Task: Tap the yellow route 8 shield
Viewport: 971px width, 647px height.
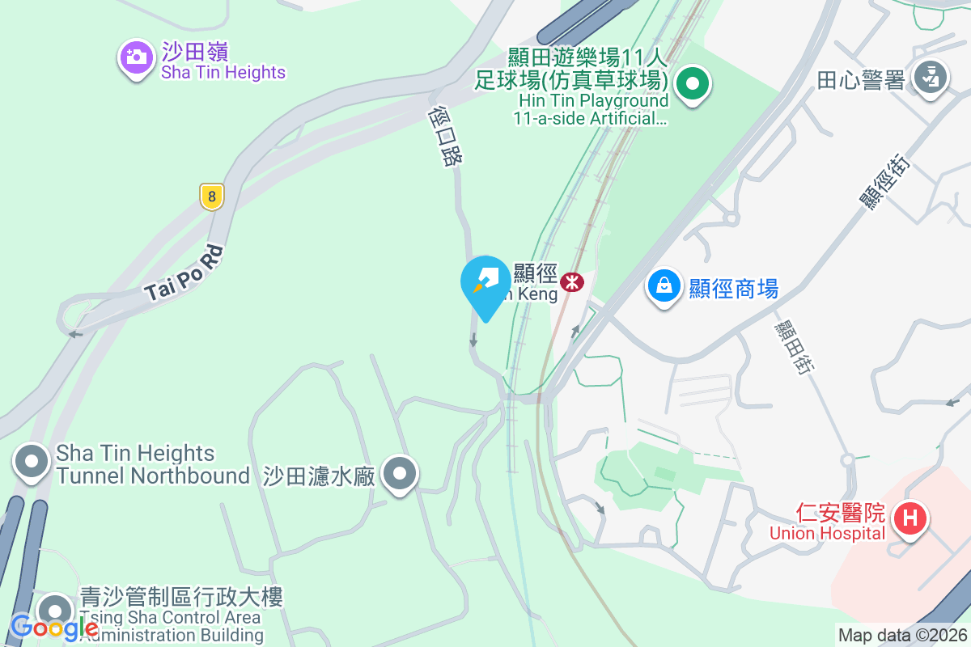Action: coord(211,196)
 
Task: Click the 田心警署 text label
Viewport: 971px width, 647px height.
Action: coord(860,80)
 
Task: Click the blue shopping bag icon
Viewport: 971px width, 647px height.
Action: coord(664,285)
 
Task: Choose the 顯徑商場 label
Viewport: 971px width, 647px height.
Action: coord(733,288)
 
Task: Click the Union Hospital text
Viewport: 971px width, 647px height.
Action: coord(827,533)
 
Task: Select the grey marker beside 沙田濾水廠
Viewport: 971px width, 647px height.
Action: coord(400,474)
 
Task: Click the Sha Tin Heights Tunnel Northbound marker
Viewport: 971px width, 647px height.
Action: coord(32,463)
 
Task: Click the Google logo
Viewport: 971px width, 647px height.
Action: coord(54,626)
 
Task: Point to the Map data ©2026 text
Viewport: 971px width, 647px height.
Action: coord(901,635)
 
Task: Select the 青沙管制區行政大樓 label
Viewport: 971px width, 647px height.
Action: coord(181,598)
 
